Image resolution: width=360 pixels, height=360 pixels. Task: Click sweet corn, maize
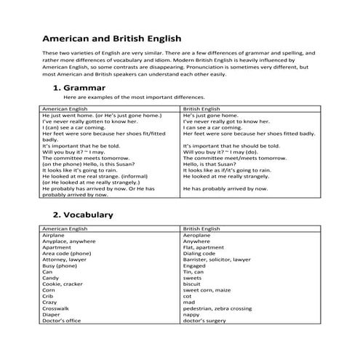point(207,292)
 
